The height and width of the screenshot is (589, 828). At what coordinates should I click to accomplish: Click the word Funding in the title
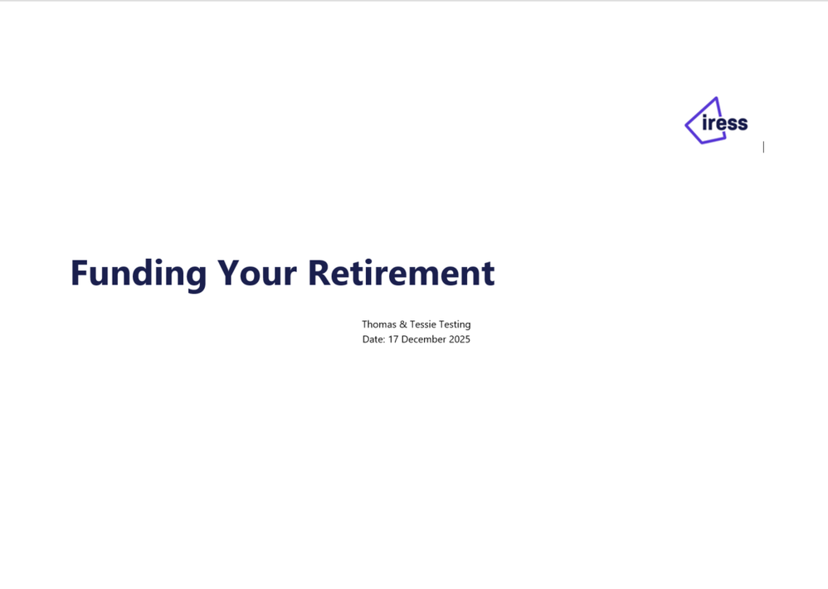139,274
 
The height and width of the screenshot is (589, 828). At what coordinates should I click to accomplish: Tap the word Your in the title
257,273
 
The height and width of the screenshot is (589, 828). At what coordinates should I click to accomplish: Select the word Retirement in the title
402,273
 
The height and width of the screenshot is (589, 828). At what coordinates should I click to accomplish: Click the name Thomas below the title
378,324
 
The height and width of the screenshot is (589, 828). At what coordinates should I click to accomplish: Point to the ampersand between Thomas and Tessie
403,324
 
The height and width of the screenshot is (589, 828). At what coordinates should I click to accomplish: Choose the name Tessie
423,324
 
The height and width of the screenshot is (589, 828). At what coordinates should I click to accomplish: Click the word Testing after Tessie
455,324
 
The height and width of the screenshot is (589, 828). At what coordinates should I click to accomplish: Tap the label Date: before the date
374,339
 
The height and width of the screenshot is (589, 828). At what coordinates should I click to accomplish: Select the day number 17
393,339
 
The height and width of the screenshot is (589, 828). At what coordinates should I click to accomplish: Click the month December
423,339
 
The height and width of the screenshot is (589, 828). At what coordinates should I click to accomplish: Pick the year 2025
460,339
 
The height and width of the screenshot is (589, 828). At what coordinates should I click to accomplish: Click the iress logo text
725,123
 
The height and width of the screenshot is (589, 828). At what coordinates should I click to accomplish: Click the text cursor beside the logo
763,147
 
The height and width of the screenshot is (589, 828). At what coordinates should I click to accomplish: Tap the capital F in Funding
79,273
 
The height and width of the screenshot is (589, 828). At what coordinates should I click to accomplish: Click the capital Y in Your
231,273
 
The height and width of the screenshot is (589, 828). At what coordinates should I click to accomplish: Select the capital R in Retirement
319,273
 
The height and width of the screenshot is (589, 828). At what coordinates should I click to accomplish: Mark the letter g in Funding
196,278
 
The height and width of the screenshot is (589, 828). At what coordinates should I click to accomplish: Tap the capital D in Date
366,339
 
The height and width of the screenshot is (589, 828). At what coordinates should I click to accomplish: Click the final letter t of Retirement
488,275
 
